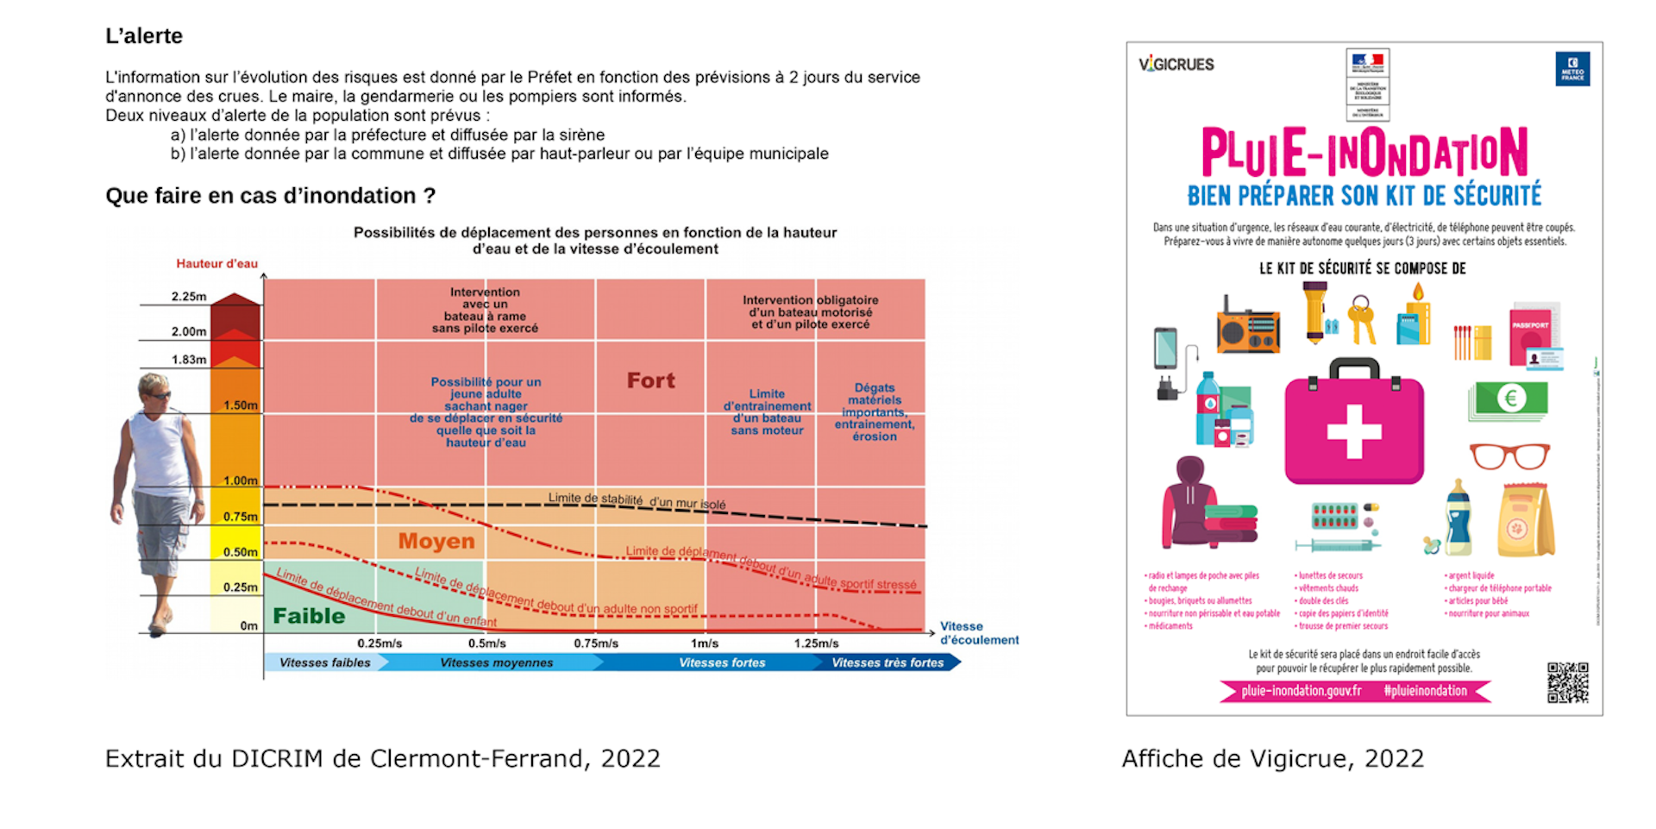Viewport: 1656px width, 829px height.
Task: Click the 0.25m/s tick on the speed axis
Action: point(379,644)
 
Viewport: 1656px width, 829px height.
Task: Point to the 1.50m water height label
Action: point(241,405)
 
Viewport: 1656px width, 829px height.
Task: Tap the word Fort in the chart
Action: point(650,380)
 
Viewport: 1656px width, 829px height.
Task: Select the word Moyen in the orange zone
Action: point(436,542)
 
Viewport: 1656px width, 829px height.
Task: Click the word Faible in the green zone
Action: point(309,616)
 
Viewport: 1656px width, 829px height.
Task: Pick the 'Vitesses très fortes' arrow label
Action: point(887,663)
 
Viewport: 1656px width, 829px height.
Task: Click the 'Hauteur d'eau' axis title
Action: point(216,264)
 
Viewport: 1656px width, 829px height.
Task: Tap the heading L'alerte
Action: point(144,36)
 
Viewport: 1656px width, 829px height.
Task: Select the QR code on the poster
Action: point(1567,682)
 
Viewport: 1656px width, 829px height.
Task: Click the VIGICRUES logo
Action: point(1176,65)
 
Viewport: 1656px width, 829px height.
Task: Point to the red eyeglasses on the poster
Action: point(1509,455)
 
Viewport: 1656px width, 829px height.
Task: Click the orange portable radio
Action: point(1248,327)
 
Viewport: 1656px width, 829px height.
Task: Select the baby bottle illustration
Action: point(1458,518)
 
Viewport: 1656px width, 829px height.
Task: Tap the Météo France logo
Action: point(1572,69)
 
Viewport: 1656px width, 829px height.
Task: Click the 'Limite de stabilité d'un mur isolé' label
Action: point(637,500)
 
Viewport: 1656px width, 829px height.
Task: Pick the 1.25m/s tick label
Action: point(816,644)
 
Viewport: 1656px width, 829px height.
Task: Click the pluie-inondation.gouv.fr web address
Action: point(1301,691)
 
